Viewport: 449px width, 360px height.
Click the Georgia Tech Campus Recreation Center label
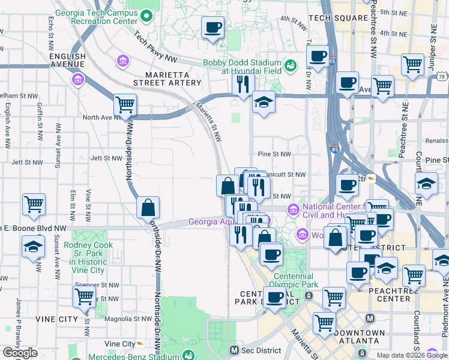[95, 16]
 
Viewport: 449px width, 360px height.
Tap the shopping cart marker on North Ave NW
[125, 105]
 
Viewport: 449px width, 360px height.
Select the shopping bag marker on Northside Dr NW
[148, 208]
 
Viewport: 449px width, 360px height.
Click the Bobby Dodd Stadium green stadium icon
[291, 65]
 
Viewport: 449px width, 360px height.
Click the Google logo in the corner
[20, 353]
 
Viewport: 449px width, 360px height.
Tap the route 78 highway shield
[442, 77]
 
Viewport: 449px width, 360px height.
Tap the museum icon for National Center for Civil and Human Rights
[293, 209]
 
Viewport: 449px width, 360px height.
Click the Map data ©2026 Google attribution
[412, 355]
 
